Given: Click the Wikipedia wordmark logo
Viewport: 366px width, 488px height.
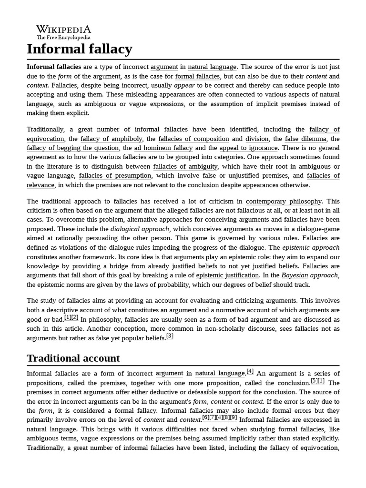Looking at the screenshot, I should pyautogui.click(x=63, y=29).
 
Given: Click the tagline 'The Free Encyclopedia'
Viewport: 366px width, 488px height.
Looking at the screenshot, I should pyautogui.click(x=63, y=37).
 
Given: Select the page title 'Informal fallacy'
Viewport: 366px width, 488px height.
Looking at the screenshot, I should pyautogui.click(x=80, y=49).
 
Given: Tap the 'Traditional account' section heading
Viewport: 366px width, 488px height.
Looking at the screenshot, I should pyautogui.click(x=73, y=358).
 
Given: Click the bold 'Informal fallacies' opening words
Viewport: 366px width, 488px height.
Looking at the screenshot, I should pyautogui.click(x=54, y=67).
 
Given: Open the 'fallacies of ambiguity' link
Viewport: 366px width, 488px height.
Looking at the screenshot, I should pyautogui.click(x=185, y=166).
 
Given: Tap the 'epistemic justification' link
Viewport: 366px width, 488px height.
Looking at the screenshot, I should pyautogui.click(x=228, y=275).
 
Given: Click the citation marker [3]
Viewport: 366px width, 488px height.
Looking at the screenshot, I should pyautogui.click(x=170, y=336).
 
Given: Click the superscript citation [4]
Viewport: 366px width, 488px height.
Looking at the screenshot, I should pyautogui.click(x=250, y=372).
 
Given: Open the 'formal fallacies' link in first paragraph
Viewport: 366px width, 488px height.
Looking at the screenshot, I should pyautogui.click(x=198, y=76).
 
